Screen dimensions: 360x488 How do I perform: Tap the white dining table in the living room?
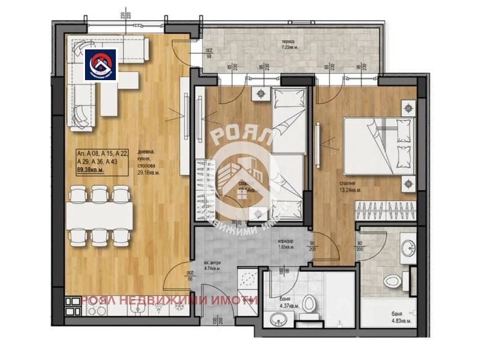pyautogui.click(x=99, y=215)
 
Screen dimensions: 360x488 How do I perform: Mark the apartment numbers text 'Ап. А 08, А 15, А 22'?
pyautogui.click(x=102, y=153)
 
